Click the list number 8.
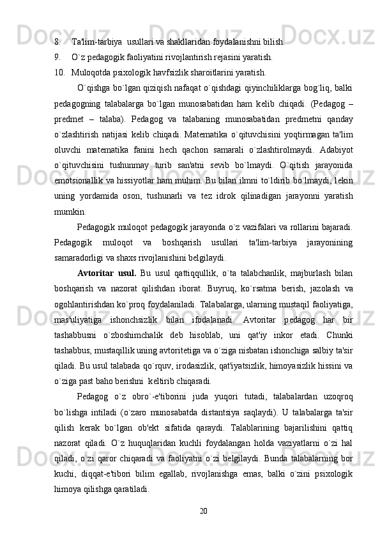[57, 42]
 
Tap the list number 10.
[59, 72]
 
